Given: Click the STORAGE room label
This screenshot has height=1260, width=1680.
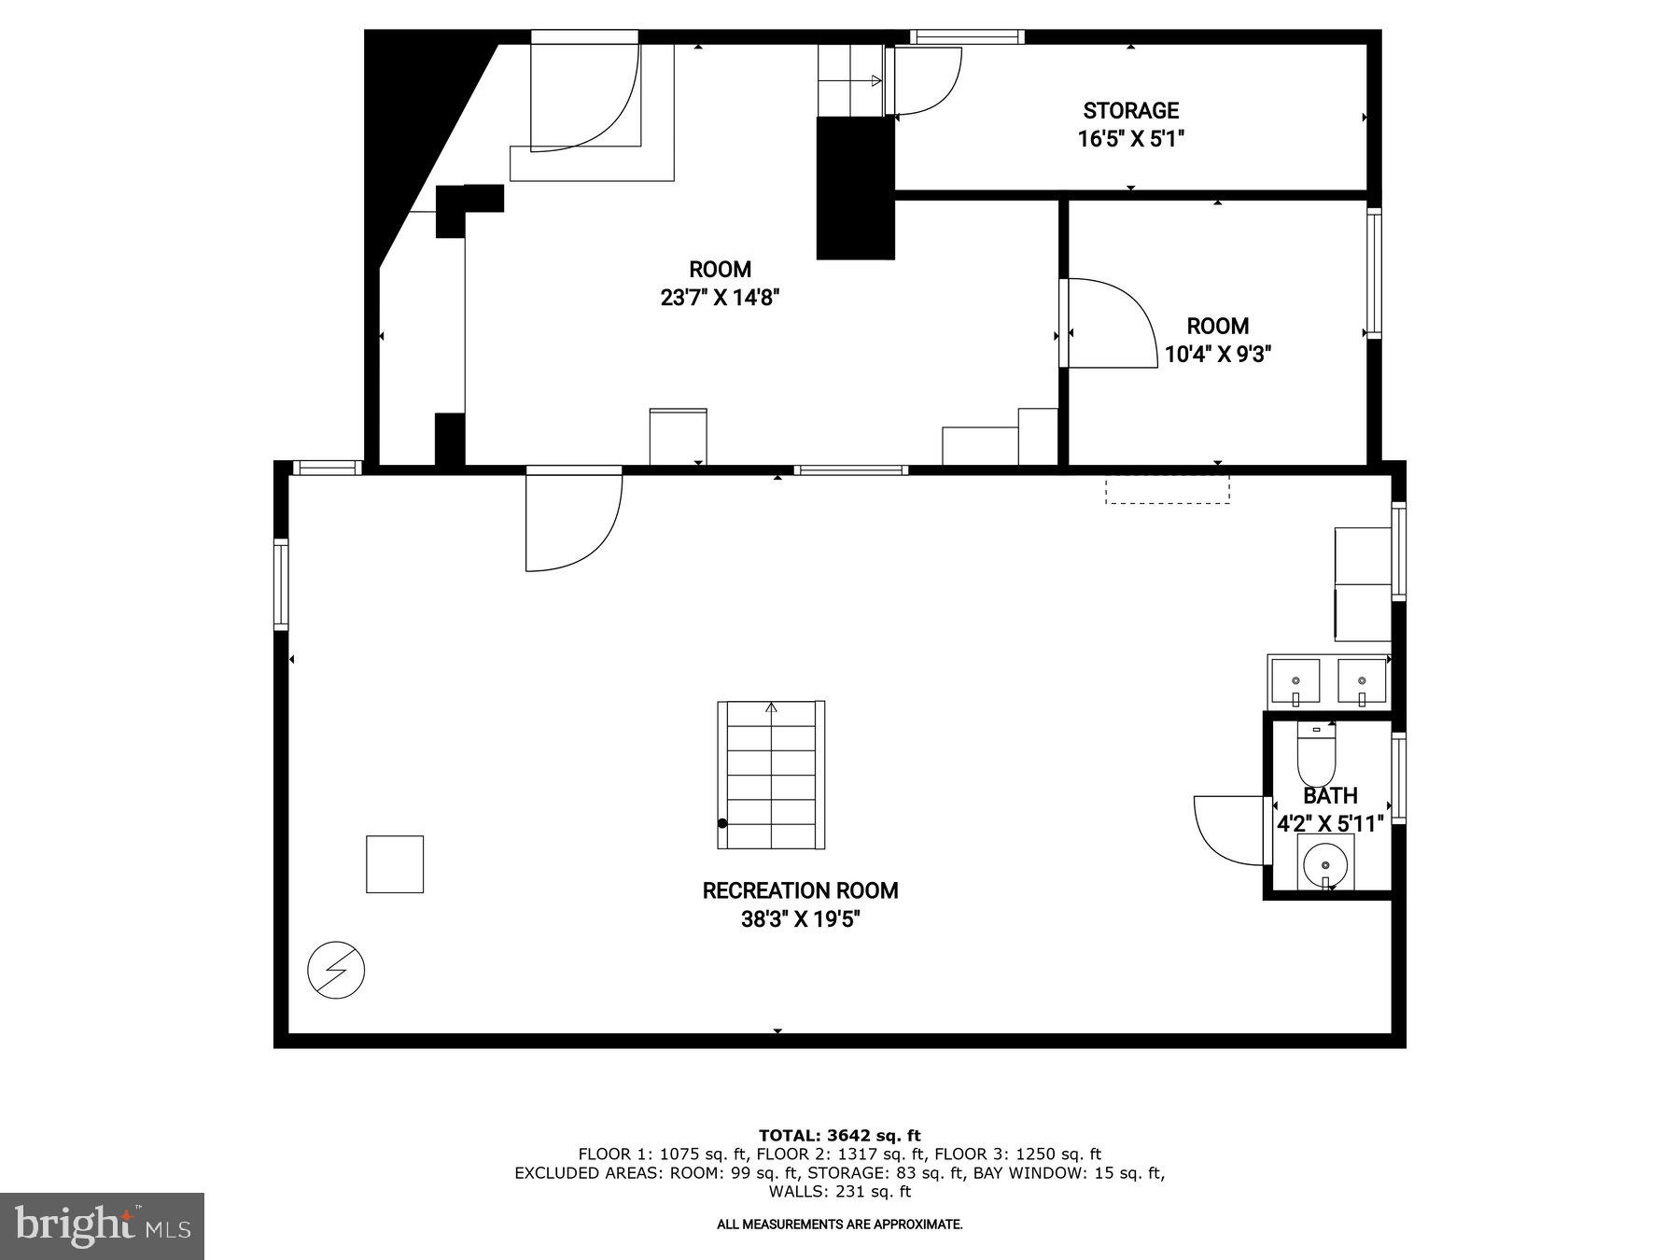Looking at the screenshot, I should tap(1130, 111).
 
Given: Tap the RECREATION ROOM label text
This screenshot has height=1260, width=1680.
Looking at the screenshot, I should tap(800, 890).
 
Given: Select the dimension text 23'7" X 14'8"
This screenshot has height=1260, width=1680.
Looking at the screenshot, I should tap(720, 299).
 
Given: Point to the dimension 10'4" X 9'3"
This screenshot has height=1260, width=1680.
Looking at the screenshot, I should tap(1218, 355).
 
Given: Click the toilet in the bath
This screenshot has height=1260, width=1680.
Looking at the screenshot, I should tap(1316, 756).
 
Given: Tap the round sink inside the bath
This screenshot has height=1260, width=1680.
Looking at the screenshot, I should tap(1325, 863).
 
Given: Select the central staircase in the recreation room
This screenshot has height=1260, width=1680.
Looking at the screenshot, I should tap(771, 775).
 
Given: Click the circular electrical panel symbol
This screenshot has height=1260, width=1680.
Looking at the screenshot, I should tap(336, 971).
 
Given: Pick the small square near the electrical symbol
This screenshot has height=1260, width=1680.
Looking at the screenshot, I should tap(395, 864).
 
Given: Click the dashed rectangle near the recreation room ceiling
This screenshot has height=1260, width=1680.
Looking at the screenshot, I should tap(1167, 490).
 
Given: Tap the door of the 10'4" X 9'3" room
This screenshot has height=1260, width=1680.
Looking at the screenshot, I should tap(1111, 322).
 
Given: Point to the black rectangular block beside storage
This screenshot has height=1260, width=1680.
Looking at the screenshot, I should tap(855, 188).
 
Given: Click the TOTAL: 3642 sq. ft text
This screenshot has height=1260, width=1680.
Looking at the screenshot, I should tap(839, 1135).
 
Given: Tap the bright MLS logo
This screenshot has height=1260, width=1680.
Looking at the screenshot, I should tap(102, 1225).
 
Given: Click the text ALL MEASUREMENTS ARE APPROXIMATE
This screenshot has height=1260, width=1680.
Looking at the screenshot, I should tap(839, 1224).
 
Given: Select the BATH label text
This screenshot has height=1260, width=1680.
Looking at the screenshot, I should tap(1330, 796).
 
